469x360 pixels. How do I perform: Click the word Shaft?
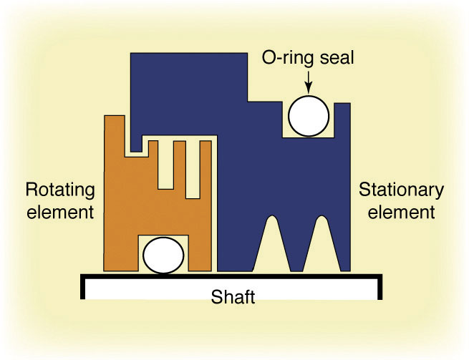tap(233, 297)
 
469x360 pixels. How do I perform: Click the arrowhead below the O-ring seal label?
tap(309, 90)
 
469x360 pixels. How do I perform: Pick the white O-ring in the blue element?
tap(309, 116)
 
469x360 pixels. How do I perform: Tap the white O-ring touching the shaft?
tap(163, 256)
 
